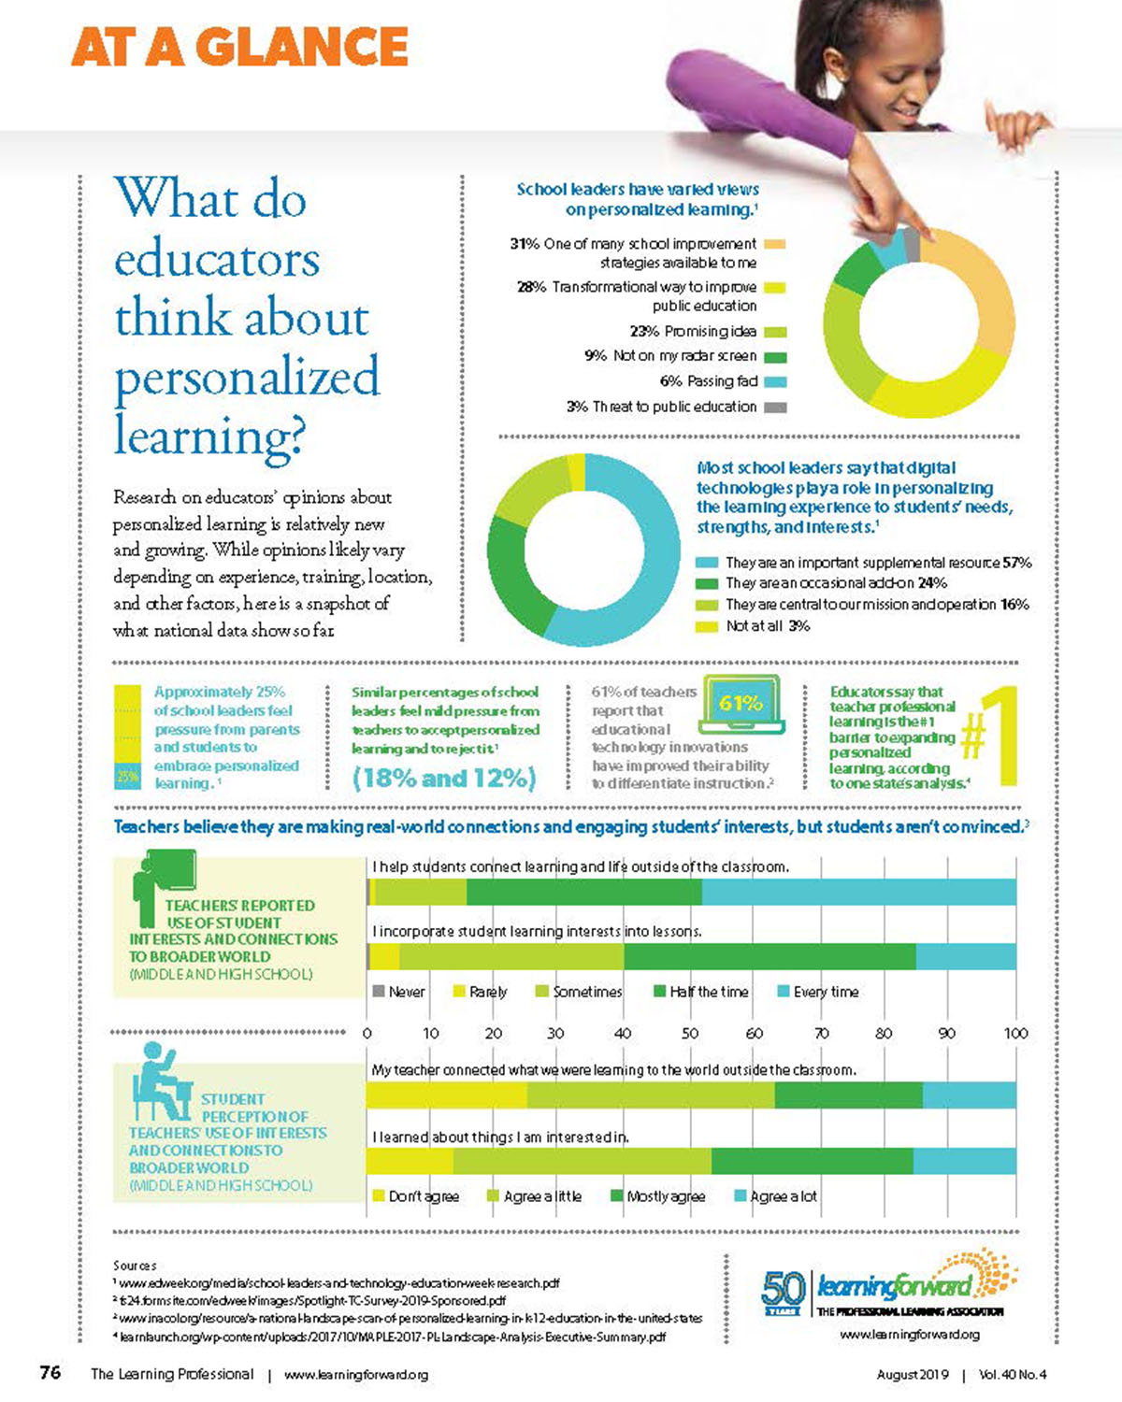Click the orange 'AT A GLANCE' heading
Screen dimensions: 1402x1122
(x=239, y=47)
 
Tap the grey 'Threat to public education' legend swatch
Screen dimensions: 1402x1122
(x=776, y=408)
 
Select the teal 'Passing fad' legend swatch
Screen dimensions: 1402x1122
(x=776, y=382)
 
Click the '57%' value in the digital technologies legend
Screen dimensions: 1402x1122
(x=1017, y=563)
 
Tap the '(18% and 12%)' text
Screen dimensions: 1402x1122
(x=444, y=778)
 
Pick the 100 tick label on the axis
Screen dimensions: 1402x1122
(x=1015, y=1034)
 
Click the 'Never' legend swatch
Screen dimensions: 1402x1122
(x=379, y=992)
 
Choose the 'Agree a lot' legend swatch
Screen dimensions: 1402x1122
(x=741, y=1196)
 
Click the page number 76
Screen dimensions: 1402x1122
(x=50, y=1373)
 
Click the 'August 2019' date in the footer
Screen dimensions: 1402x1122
(x=912, y=1375)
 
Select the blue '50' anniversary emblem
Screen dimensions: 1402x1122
(x=783, y=1291)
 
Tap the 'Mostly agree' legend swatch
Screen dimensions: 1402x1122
(x=616, y=1196)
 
